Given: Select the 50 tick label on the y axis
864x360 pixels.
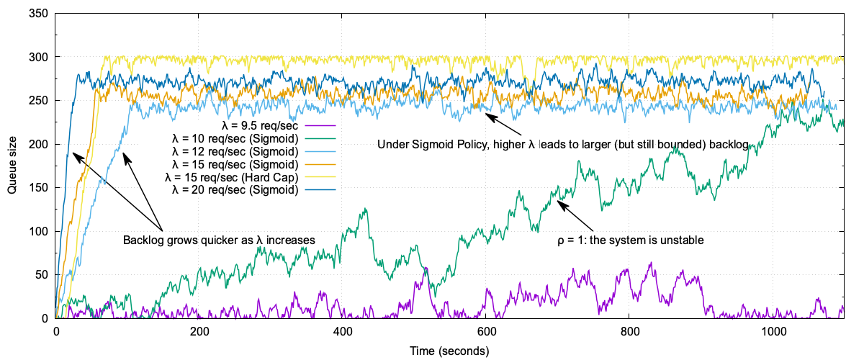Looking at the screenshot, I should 41,275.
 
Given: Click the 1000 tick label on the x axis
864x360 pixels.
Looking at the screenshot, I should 773,333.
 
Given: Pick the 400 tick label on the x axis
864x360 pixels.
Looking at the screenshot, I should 343,333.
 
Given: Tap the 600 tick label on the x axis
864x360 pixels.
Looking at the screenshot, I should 486,333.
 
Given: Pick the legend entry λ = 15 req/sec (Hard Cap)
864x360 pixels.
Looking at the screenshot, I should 232,178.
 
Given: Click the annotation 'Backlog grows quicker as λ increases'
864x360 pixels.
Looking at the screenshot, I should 219,240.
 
